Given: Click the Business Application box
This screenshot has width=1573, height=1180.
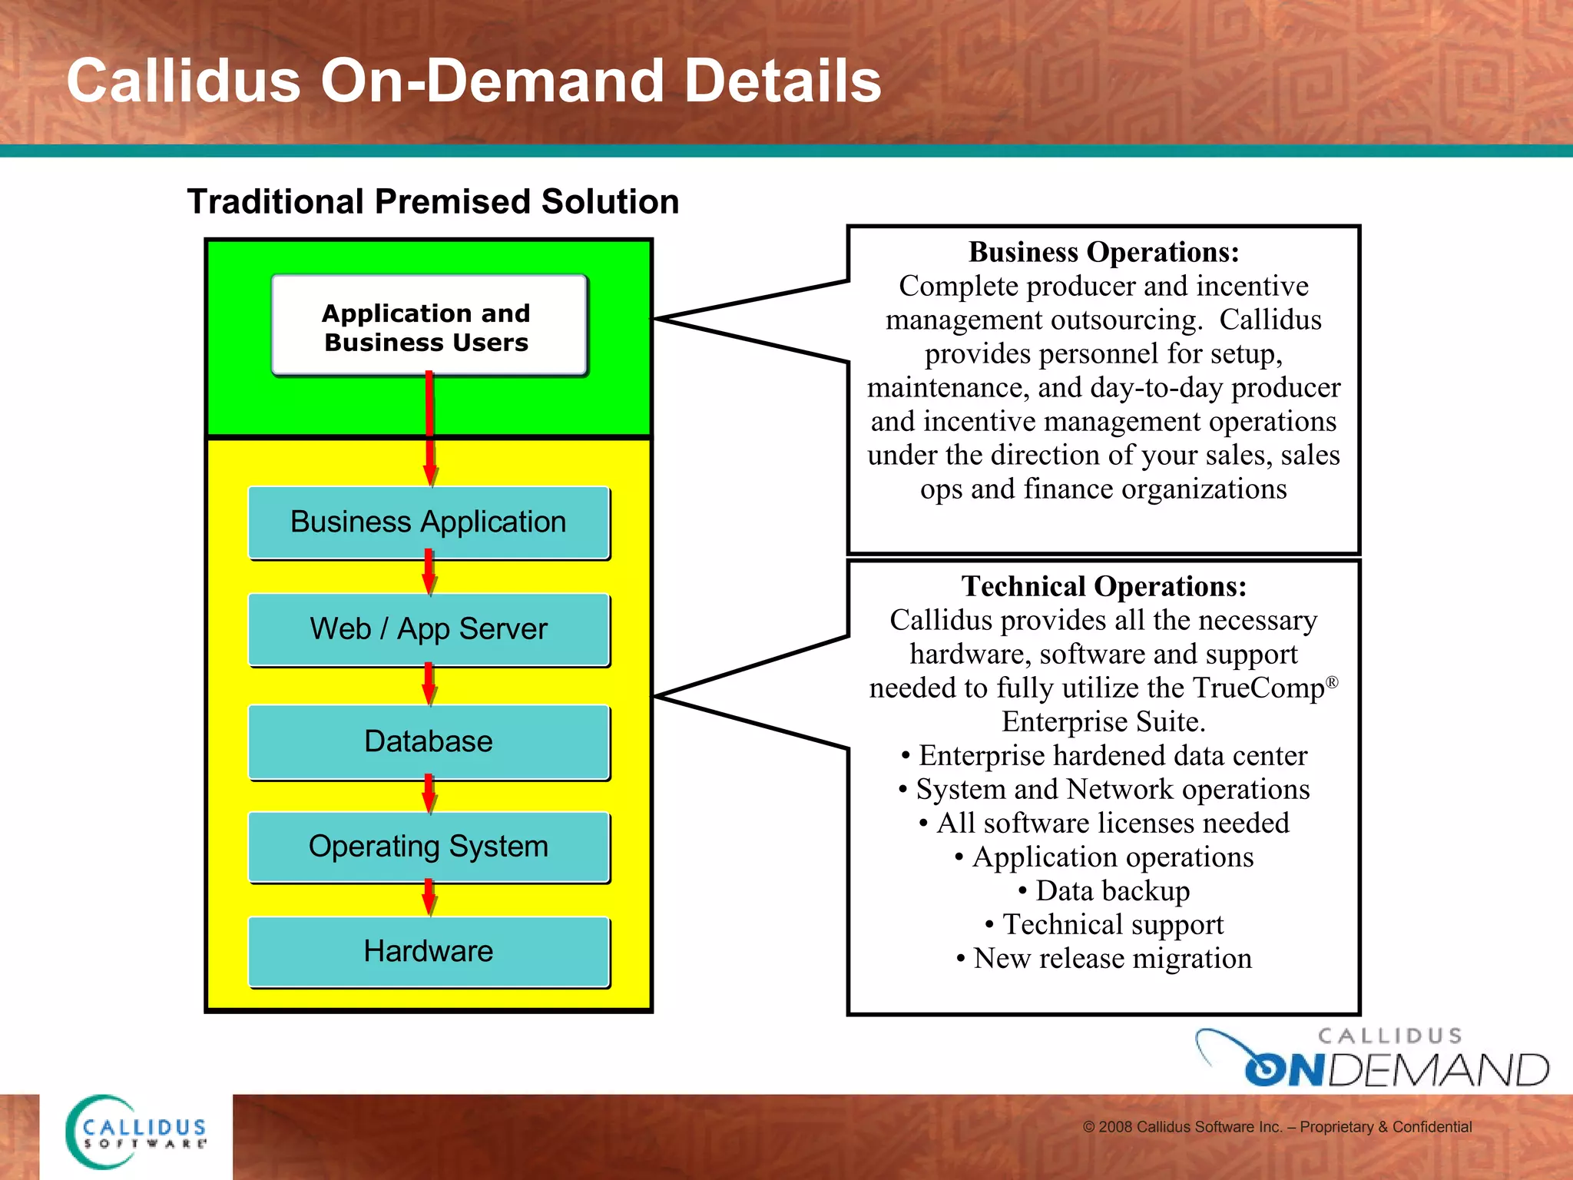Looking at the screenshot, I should [x=429, y=522].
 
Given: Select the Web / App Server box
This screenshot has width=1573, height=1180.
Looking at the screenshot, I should [x=429, y=629].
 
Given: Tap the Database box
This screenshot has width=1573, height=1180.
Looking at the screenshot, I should [x=429, y=741].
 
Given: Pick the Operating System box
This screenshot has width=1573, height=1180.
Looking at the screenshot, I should [x=429, y=847].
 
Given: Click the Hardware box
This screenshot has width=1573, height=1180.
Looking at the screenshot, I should [x=429, y=951].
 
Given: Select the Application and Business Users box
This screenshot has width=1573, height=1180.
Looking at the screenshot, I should [x=429, y=326].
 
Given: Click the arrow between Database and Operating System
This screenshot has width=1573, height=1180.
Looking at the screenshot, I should [x=429, y=795].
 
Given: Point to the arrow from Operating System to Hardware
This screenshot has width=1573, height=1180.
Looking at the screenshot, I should [x=429, y=898].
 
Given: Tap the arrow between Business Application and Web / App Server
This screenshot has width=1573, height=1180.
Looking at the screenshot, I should [x=429, y=573].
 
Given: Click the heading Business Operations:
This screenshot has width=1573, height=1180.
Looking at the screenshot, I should [x=1104, y=252].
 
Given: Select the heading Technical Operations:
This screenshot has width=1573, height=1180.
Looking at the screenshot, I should [x=1104, y=586].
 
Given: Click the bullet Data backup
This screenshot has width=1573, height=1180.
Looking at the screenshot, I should [x=1104, y=891].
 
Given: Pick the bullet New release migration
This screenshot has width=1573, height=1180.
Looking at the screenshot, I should [x=1104, y=959].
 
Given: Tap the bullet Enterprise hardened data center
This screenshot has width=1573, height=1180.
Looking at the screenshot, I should [x=1104, y=756].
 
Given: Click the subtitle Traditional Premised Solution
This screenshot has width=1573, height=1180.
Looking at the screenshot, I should [x=433, y=202].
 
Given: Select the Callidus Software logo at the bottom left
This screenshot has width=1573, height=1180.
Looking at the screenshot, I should [x=137, y=1132].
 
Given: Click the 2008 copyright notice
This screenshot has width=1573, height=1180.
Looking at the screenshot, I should [x=1277, y=1127].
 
